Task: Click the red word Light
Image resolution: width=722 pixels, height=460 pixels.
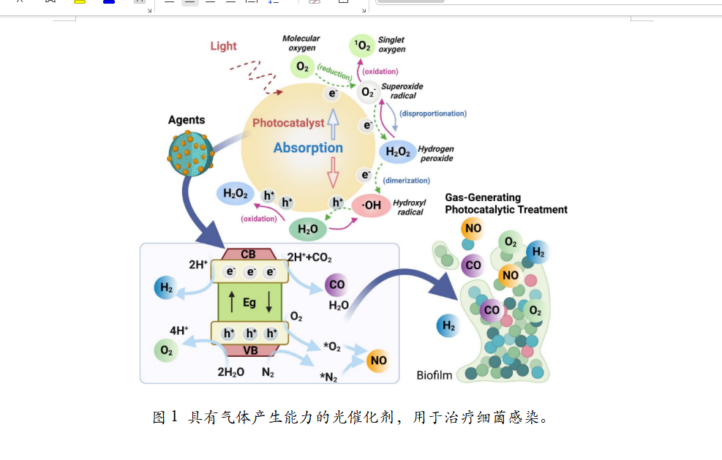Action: (x=223, y=46)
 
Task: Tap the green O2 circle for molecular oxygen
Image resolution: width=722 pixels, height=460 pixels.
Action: (x=302, y=67)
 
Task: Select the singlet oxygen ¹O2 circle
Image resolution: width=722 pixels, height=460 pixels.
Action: (x=362, y=46)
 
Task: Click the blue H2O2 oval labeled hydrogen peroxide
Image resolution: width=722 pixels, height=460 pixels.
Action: (x=397, y=152)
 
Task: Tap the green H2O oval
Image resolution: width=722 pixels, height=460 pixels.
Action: (x=308, y=229)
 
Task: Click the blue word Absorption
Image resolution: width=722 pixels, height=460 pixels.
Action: (x=308, y=148)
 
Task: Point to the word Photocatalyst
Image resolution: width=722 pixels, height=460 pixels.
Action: (x=287, y=123)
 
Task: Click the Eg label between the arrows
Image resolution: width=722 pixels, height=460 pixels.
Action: (x=249, y=301)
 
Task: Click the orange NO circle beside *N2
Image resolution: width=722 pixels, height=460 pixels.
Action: (x=378, y=361)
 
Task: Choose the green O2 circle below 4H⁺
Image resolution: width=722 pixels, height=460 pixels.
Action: (x=167, y=351)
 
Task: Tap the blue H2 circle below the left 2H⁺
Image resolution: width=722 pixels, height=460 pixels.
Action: (x=166, y=287)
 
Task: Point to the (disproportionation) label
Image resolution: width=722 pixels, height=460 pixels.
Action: (x=433, y=113)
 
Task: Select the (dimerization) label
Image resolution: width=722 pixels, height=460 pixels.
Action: (x=407, y=180)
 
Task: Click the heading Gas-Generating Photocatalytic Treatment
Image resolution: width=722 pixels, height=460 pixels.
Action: (x=506, y=203)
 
